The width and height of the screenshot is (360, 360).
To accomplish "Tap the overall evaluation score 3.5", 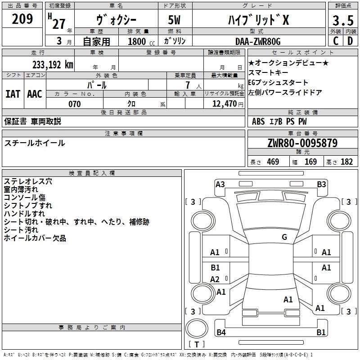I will tap(342, 21).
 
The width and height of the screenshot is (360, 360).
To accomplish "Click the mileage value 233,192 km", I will tap(52, 64).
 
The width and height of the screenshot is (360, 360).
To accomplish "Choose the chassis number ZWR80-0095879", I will tap(302, 143).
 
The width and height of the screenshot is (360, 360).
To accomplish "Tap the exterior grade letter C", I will tap(335, 41).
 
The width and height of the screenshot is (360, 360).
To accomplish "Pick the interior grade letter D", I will tap(350, 41).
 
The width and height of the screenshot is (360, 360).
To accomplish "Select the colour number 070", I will tap(75, 104).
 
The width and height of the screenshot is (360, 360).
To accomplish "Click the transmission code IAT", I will tap(13, 94).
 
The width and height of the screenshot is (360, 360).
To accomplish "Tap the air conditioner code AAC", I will tap(35, 94).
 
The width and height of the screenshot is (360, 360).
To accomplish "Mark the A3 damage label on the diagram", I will tap(220, 184).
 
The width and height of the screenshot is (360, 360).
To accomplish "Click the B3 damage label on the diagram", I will tap(321, 184).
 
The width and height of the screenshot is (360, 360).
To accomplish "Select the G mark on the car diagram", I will tap(284, 237).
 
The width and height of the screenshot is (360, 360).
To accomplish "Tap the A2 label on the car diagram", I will tap(215, 279).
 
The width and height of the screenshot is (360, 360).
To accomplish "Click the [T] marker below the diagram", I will tap(196, 345).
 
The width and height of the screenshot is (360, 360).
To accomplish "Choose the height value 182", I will tap(347, 162).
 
